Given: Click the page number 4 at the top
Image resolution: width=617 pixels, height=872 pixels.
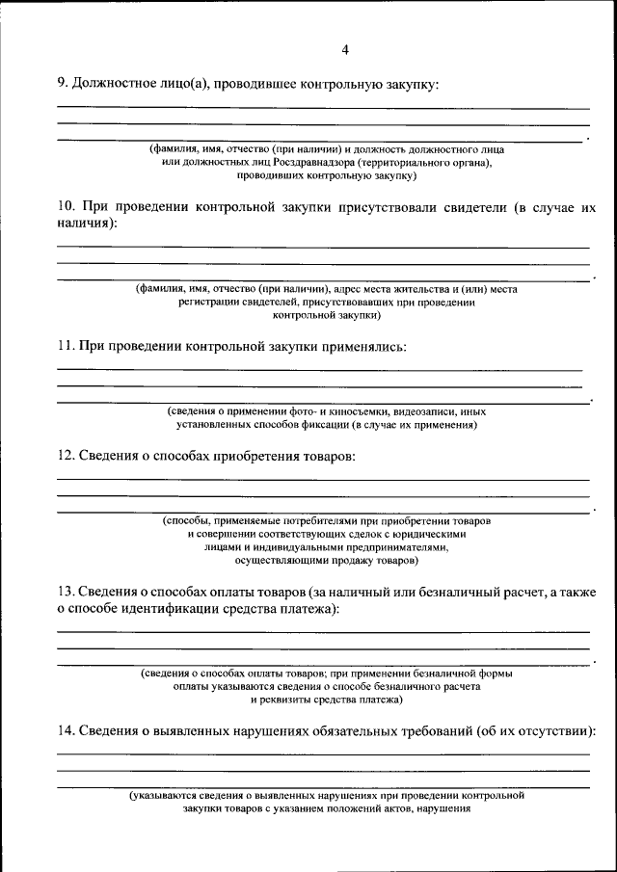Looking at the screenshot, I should [x=344, y=50].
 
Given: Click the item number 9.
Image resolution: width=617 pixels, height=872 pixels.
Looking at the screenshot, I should [x=61, y=85].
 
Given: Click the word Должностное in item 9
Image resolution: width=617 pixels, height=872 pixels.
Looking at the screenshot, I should [x=114, y=85].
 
